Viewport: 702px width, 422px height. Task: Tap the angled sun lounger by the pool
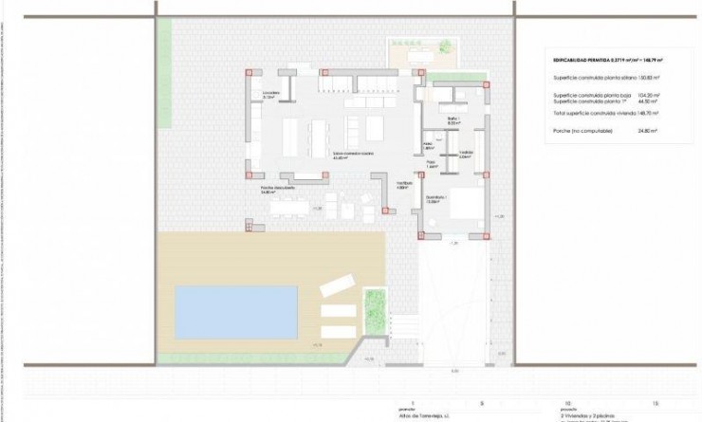tap(338, 285)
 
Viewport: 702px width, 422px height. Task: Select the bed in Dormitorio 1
tap(465, 207)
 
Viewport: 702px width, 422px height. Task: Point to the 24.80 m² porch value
tap(648, 130)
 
